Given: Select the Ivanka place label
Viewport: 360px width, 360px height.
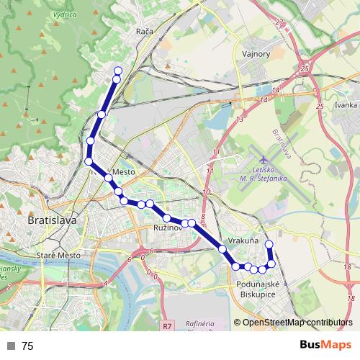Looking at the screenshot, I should (x=346, y=105).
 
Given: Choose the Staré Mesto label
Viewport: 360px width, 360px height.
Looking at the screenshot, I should (x=56, y=256).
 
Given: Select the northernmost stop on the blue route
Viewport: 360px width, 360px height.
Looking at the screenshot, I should (x=118, y=71).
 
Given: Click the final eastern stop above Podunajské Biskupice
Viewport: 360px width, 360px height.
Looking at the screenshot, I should (x=269, y=245).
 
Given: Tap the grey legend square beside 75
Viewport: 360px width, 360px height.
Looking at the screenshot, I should (x=10, y=346).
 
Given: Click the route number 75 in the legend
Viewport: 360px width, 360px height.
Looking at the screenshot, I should (x=27, y=346).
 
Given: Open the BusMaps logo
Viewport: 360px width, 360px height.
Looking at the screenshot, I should (x=325, y=345).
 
